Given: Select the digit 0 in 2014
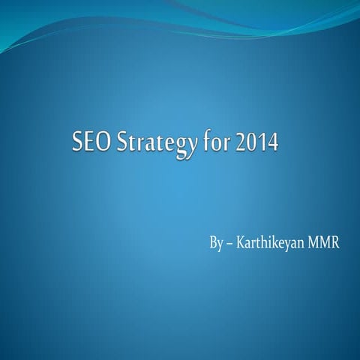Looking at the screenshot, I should (253, 142).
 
